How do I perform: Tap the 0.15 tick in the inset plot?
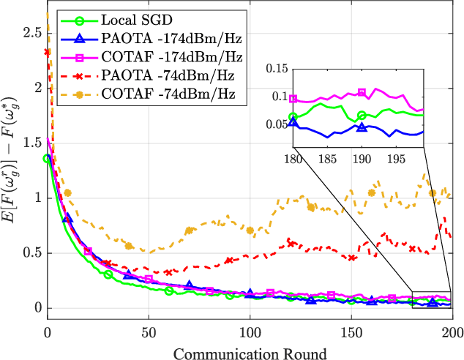[x=276, y=70]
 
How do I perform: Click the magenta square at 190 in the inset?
[x=362, y=93]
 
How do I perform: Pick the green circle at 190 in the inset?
[x=362, y=115]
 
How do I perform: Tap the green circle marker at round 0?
[x=48, y=158]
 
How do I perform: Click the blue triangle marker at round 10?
[x=68, y=219]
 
